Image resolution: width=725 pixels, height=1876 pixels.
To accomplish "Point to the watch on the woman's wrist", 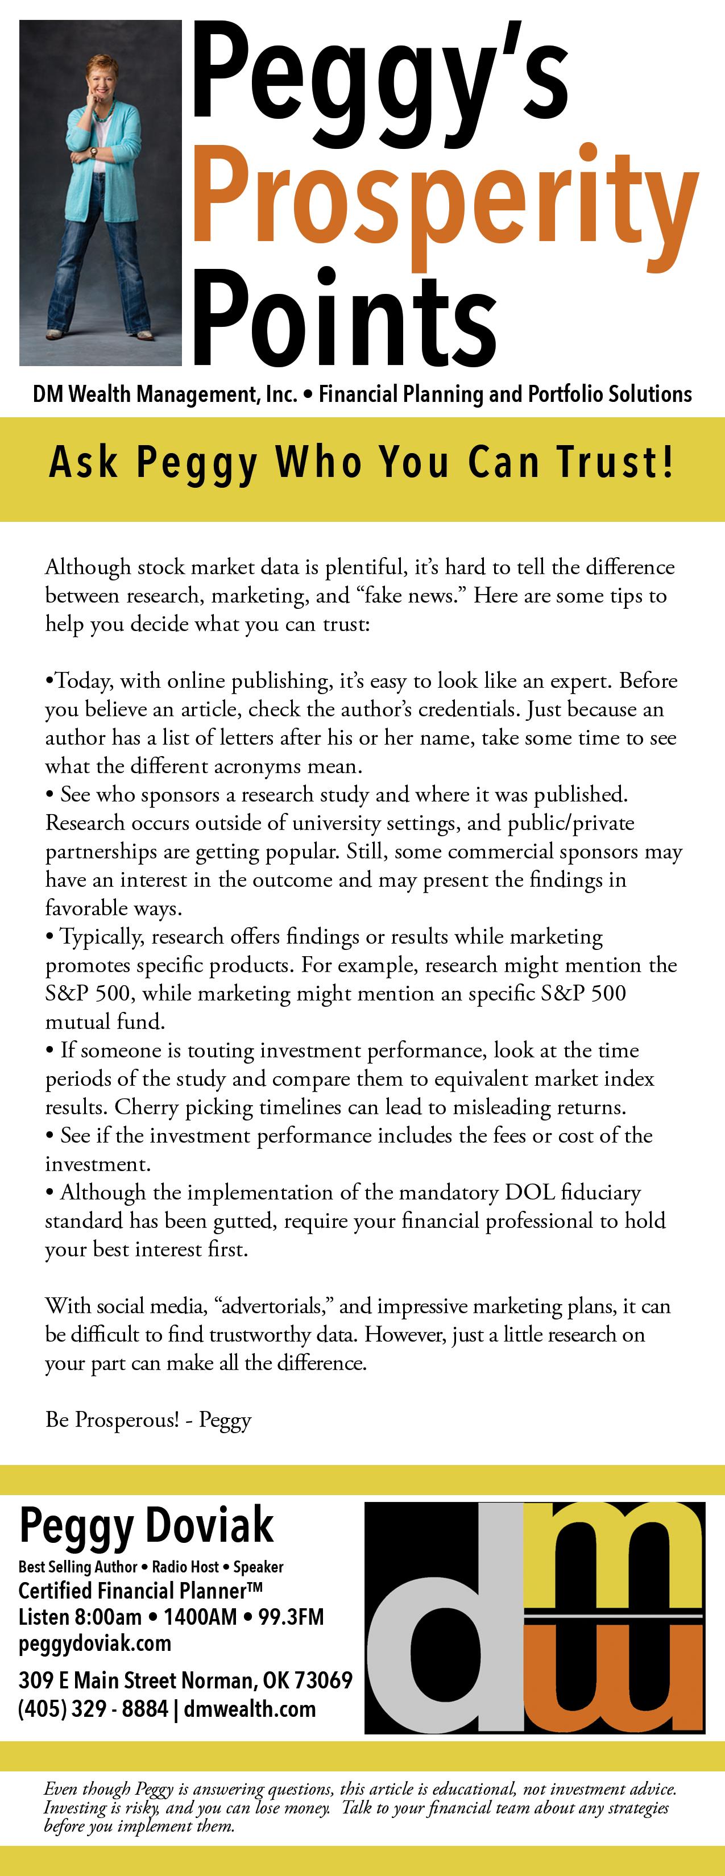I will click(93, 152).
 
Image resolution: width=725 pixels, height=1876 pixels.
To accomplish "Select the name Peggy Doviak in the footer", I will click(146, 1526).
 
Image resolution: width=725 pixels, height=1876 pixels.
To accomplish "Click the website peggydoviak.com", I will click(95, 1643).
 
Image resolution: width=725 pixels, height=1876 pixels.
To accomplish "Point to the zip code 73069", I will click(324, 1679).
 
